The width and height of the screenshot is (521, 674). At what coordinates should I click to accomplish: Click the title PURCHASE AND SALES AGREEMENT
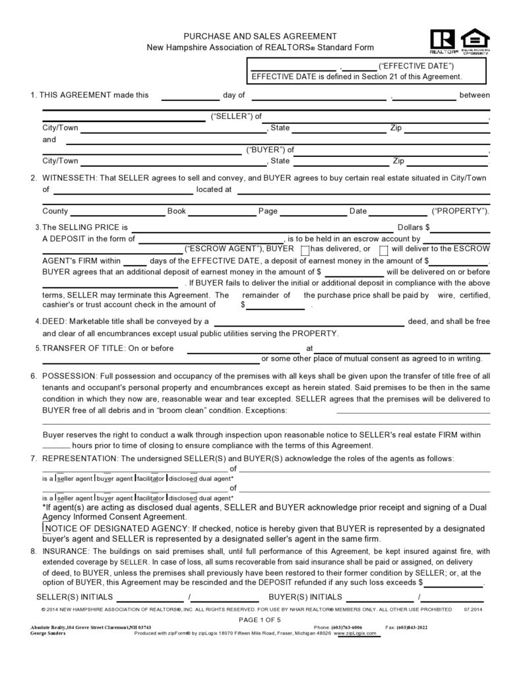[x=260, y=36]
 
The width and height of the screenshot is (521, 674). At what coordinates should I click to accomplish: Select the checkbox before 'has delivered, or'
[x=305, y=250]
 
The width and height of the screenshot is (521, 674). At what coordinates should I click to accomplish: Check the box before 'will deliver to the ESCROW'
[x=384, y=250]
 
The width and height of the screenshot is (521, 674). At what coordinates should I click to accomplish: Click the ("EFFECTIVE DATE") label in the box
[x=416, y=66]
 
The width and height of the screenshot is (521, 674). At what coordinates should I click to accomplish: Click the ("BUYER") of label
[x=270, y=150]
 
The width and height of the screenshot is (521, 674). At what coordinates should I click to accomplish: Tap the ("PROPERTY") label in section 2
[x=460, y=211]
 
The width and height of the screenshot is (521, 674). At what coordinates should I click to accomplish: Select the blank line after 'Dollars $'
[x=461, y=228]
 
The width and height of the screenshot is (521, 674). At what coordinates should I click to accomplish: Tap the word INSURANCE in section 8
[x=66, y=551]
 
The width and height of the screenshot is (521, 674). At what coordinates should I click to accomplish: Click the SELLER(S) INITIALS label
[x=74, y=597]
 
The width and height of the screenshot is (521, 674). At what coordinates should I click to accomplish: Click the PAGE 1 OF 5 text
[x=260, y=620]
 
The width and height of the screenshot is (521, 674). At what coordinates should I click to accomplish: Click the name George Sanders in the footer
[x=48, y=632]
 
